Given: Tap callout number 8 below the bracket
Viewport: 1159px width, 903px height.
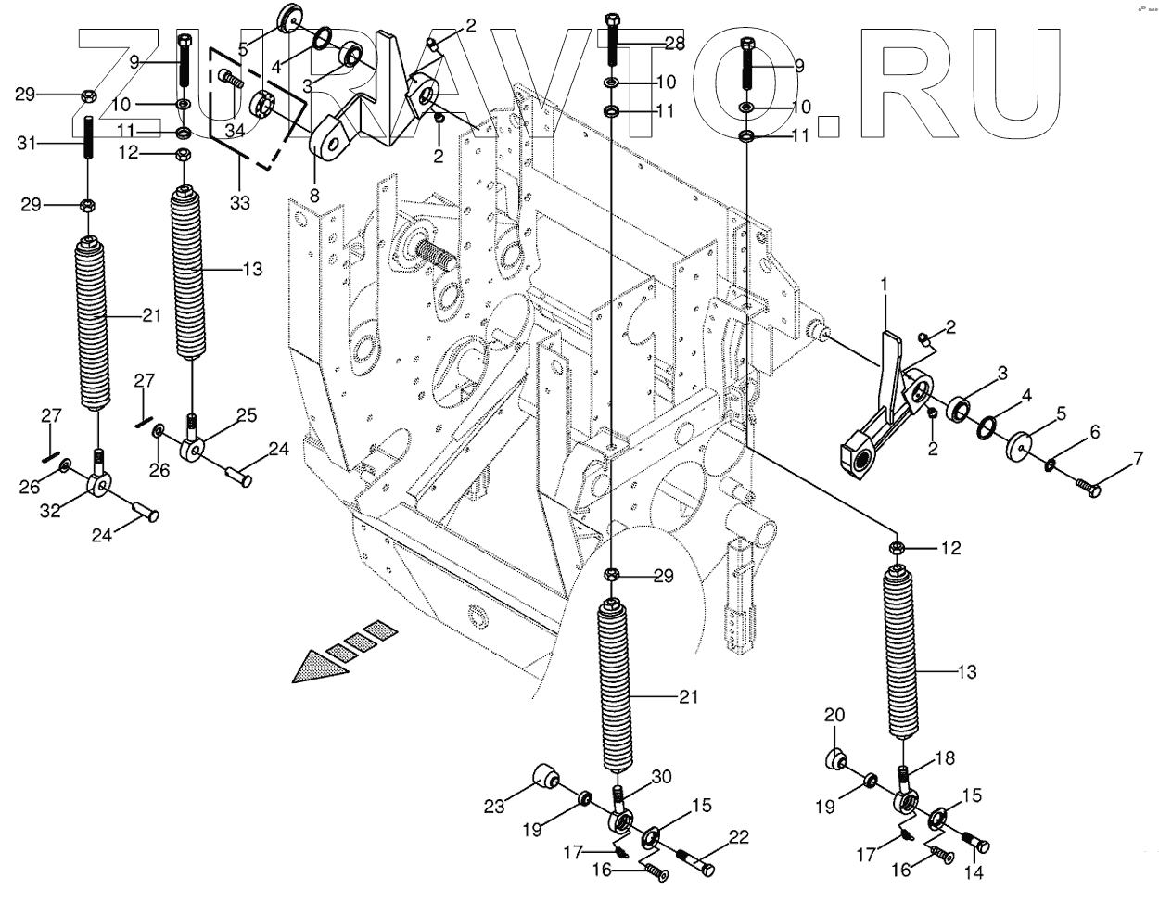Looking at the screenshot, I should pyautogui.click(x=312, y=197).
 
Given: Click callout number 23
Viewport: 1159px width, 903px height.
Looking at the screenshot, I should pyautogui.click(x=494, y=807).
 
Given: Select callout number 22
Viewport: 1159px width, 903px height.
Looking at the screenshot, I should pyautogui.click(x=739, y=836).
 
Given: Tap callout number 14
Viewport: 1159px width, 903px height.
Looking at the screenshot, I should pyautogui.click(x=974, y=872).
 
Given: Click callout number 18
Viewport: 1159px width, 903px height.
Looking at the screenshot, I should pyautogui.click(x=944, y=758).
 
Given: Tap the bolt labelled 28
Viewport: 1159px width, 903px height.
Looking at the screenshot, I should pyautogui.click(x=612, y=39).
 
